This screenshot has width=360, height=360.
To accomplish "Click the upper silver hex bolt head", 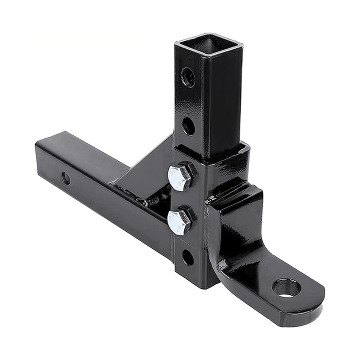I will (180, 177).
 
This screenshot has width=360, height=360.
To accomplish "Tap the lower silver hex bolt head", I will (179, 222).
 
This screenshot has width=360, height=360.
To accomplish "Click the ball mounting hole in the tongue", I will (287, 288).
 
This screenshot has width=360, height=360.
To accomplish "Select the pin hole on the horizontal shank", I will (66, 179).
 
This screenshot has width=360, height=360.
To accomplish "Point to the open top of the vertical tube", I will (209, 46).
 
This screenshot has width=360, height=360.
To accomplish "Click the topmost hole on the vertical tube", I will (188, 77).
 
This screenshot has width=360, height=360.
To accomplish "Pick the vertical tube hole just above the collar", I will (189, 126).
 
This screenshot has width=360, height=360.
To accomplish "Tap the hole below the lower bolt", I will (188, 257).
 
